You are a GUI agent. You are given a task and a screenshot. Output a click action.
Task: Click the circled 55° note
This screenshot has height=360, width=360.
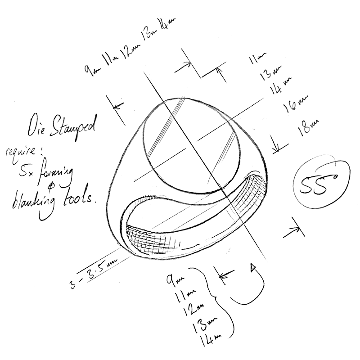coord(321,184)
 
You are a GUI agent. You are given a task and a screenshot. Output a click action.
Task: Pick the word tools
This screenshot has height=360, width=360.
coord(80,198)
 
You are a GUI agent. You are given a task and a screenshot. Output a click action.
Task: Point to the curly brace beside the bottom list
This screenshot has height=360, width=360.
coord(220,301)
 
